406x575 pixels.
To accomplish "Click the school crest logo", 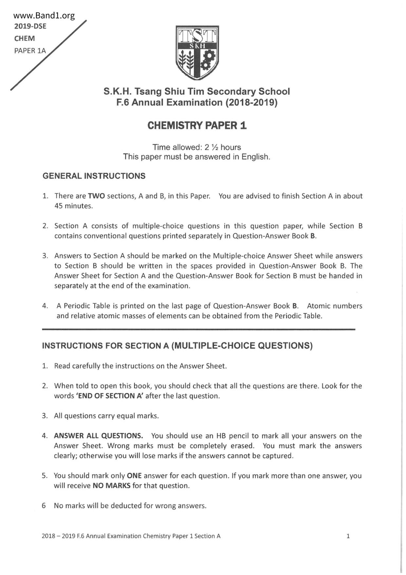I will coord(197,52).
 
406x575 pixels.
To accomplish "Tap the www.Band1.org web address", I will coord(44,16).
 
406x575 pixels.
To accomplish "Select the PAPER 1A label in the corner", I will coord(30,51).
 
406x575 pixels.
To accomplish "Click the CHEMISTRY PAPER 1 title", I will coord(197,126).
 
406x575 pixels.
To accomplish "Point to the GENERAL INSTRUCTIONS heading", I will coord(94,176).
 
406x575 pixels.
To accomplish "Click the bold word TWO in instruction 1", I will coord(96,196).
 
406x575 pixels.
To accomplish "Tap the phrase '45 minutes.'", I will coord(74,206).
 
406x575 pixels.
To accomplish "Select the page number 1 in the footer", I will coord(348,536).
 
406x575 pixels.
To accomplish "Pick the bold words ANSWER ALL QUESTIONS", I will coord(98,436).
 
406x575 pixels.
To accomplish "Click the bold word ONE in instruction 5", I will coord(134,476).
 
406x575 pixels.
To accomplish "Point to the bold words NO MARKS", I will coord(111,486).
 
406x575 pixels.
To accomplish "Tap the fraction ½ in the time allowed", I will coord(215,148).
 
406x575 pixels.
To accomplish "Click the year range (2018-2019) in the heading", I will coord(251,103).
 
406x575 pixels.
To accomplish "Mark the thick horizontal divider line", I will coord(198,329).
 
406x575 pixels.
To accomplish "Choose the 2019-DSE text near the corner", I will coord(30,27).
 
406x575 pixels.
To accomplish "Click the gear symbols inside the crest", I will coord(208,60).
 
